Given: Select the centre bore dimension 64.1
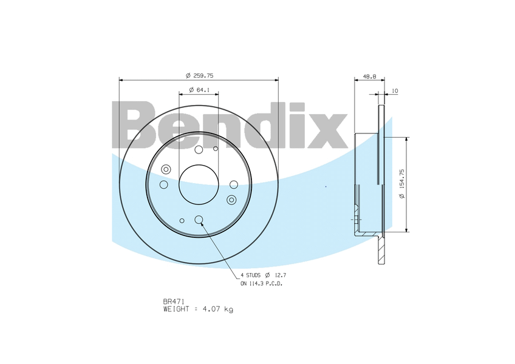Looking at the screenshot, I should pos(199,90).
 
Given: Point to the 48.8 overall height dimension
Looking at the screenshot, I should pos(369,77).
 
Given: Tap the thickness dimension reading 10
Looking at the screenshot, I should pos(395,91).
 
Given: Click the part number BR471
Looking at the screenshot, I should pos(173,301).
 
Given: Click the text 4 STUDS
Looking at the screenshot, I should pos(250,275).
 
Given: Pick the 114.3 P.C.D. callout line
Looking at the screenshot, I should pos(261,283).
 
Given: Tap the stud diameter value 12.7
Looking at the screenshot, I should pos(279,275).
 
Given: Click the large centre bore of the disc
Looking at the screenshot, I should pos(199,184).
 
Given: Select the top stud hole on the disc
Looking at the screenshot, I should pos(199,150).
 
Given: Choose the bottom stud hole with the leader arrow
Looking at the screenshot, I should pos(199,220).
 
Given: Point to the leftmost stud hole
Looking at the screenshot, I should pos(163,184).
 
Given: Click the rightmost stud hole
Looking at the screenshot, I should pos(234,184).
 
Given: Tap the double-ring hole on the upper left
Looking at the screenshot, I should pos(166,170).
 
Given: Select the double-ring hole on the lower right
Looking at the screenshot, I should pos(231,200).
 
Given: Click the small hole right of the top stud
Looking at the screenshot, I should pos(216,148).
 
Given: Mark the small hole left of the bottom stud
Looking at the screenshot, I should pos(182,221).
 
